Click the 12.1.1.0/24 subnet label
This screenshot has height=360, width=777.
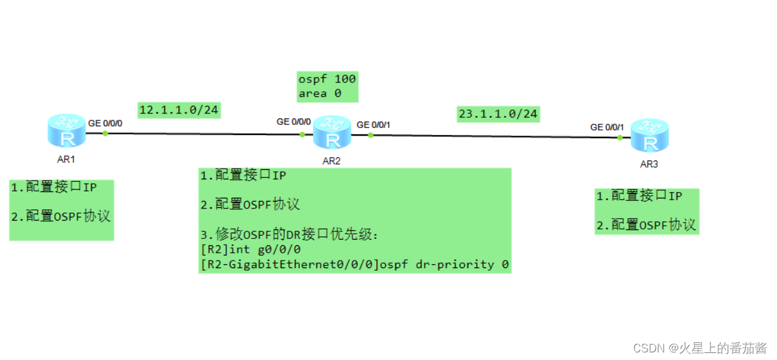point(179,110)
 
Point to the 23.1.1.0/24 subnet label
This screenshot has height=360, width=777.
point(498,114)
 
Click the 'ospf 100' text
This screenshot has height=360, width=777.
point(327,79)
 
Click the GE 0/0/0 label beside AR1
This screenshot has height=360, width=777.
point(105,123)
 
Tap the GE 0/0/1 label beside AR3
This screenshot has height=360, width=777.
point(607,127)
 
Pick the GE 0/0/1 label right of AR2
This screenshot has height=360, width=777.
point(373,125)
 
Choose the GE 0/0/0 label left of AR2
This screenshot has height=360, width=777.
point(293,121)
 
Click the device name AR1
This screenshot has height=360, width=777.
point(66,159)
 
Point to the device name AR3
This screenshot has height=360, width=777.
point(649,164)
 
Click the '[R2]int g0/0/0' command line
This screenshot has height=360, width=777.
point(250,250)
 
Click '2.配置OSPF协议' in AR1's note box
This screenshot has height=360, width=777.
point(61,216)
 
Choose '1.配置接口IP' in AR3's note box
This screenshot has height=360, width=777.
point(639,196)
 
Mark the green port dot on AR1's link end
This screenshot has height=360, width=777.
point(105,133)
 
